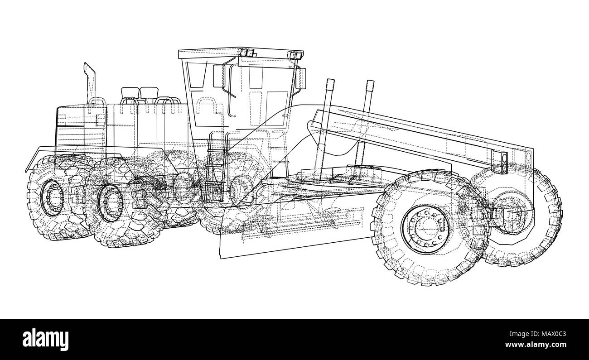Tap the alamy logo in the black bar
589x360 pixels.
pos(45,340)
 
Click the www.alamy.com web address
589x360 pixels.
pos(536,345)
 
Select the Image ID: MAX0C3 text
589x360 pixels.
pos(538,334)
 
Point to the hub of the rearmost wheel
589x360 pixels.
pos(53,198)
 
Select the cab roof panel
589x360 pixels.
pos(241,53)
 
